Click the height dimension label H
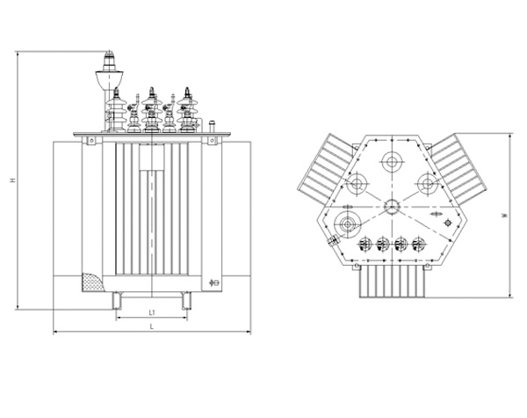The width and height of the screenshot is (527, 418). (x=13, y=180)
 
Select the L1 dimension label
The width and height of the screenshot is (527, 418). (x=152, y=312)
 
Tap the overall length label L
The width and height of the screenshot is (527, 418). (x=152, y=326)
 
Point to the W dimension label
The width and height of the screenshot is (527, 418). (x=504, y=216)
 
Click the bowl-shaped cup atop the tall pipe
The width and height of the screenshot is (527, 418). (x=109, y=80)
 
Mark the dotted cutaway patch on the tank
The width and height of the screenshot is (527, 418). (x=92, y=282)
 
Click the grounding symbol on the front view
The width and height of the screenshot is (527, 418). (x=214, y=282)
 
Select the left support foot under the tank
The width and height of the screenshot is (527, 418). (x=117, y=301)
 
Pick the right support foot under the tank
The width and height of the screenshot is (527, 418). (x=186, y=301)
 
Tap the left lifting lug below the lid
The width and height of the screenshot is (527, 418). (x=91, y=141)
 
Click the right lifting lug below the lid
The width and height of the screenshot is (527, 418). (x=212, y=141)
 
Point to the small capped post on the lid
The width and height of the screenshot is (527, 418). (x=212, y=127)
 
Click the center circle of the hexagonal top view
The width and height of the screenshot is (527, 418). (x=392, y=207)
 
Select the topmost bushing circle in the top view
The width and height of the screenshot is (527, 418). (x=392, y=162)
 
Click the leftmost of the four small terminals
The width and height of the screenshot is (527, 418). (x=365, y=244)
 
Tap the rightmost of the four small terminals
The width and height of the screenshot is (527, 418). (x=419, y=244)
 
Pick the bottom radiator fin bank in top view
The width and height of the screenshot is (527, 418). (x=393, y=282)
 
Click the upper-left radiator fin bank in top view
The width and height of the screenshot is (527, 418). (x=327, y=169)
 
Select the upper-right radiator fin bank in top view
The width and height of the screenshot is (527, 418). (x=459, y=169)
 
